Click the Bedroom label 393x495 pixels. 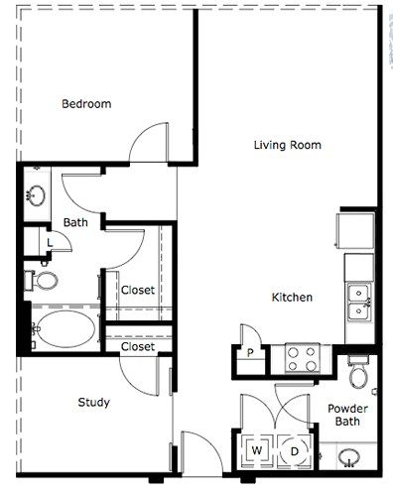click(x=86, y=104)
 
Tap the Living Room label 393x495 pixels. click(x=288, y=145)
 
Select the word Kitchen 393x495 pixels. click(x=292, y=297)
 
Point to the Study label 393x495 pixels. click(x=93, y=402)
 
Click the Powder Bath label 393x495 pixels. click(x=347, y=415)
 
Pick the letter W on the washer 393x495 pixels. click(x=257, y=450)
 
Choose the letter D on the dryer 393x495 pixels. click(x=294, y=451)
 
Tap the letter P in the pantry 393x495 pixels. click(x=250, y=353)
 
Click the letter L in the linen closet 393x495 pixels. click(x=50, y=243)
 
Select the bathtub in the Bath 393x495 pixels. click(x=65, y=329)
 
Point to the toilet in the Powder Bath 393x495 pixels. click(x=358, y=371)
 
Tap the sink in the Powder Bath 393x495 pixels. click(x=348, y=457)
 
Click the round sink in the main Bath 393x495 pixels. click(x=36, y=195)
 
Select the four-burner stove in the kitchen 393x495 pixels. click(x=302, y=359)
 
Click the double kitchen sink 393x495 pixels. click(x=358, y=302)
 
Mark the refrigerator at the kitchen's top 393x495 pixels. click(x=355, y=230)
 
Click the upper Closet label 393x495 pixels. click(x=138, y=290)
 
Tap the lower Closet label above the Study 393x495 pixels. click(x=138, y=346)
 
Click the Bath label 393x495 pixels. click(x=75, y=222)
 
